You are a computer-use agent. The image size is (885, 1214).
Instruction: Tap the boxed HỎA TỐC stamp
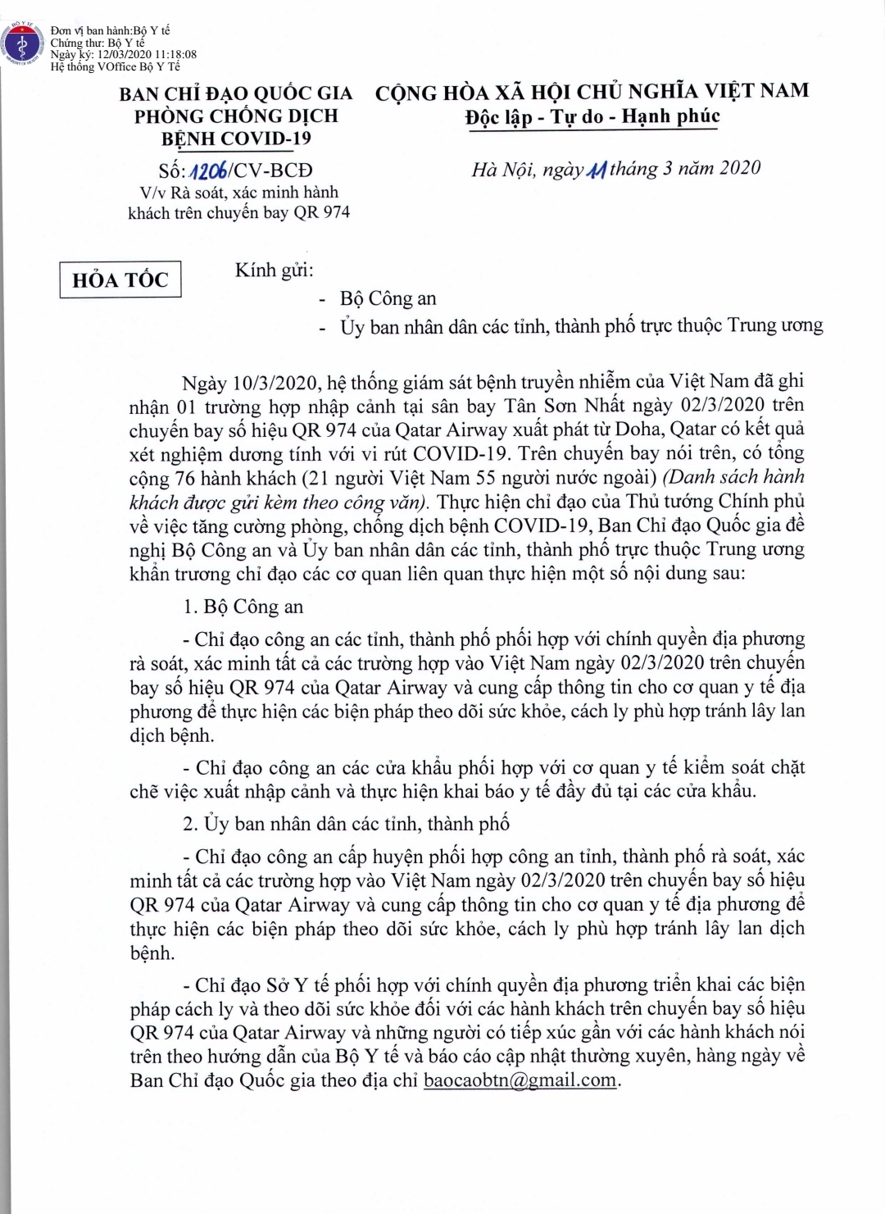[x=120, y=280]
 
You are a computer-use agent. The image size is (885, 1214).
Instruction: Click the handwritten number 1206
[x=209, y=170]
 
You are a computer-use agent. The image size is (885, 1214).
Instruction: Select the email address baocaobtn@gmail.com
[x=520, y=1080]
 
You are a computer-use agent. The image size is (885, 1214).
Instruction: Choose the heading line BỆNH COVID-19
[x=236, y=139]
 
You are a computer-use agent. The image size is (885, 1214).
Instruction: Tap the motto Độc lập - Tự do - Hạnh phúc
[x=592, y=116]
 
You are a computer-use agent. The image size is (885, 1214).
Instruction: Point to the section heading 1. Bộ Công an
[x=243, y=607]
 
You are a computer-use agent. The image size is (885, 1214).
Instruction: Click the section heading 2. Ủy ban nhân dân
[x=345, y=823]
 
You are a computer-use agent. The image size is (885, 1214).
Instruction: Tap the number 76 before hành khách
[x=183, y=477]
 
